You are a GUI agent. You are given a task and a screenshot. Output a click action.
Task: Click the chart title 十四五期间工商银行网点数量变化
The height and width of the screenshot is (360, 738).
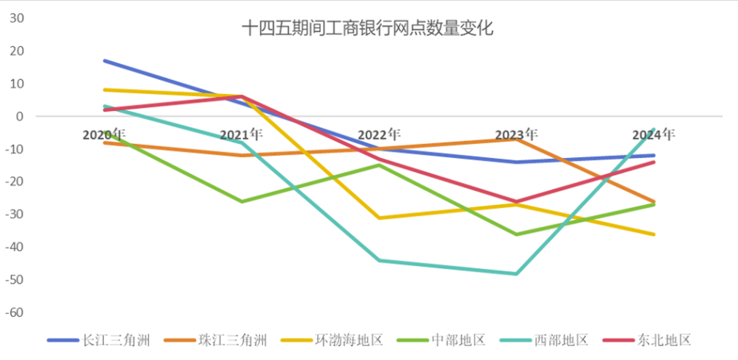(368, 29)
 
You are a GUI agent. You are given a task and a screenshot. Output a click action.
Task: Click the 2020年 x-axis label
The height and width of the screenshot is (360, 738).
(104, 134)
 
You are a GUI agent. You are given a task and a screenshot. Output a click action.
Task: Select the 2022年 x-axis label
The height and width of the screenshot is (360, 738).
(379, 134)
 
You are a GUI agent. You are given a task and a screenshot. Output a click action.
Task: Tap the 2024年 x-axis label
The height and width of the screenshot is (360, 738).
(654, 134)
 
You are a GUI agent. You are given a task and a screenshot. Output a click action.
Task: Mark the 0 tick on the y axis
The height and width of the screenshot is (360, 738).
(20, 116)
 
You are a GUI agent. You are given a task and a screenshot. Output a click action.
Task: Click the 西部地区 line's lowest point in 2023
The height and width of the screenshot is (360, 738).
(516, 273)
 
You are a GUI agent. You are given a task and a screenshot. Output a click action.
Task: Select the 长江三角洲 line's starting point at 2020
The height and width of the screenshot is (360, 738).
(105, 61)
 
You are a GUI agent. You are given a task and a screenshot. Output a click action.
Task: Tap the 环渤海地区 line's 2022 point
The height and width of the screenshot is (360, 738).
(380, 218)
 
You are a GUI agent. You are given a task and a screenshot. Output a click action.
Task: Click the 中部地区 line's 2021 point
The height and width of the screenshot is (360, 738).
(242, 201)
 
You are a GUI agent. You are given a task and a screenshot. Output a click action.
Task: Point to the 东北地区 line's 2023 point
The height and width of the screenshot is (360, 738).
(516, 201)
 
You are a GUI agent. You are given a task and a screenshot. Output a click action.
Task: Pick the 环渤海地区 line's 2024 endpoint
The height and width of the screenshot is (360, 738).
(654, 234)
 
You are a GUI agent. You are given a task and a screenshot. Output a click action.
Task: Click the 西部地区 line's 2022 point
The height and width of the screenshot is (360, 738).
(380, 260)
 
